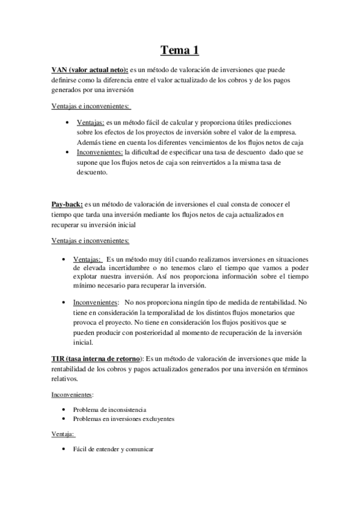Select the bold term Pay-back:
(67, 204)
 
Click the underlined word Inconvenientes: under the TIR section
(72, 395)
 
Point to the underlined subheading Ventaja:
(63, 434)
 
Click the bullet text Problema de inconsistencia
(109, 410)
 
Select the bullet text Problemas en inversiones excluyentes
(124, 419)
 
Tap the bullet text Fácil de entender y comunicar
(114, 449)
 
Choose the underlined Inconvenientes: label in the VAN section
(96, 152)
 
